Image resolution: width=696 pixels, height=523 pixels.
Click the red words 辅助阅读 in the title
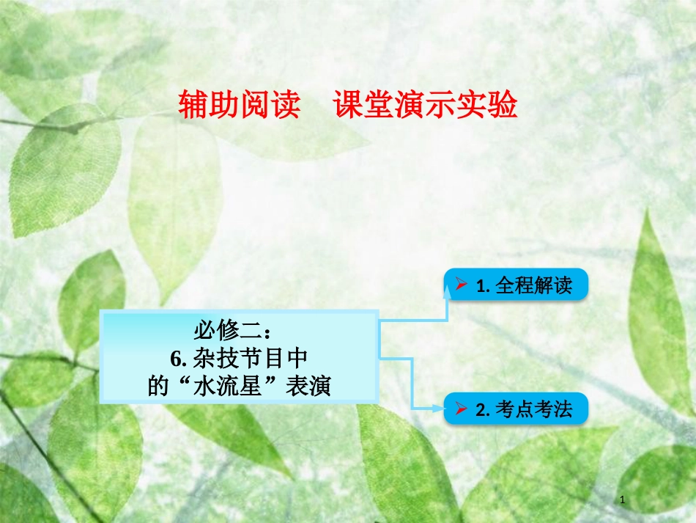[x=240, y=106]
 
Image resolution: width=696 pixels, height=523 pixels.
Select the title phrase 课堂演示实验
[x=426, y=106]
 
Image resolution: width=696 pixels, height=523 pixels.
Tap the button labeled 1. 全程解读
[x=516, y=285]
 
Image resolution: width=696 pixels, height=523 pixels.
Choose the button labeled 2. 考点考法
[x=516, y=409]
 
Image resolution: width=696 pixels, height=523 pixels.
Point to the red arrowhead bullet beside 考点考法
[x=461, y=409]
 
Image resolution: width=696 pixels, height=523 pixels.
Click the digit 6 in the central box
[x=175, y=359]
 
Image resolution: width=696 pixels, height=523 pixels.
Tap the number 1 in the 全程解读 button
[x=481, y=285]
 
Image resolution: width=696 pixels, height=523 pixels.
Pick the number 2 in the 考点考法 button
[x=481, y=409]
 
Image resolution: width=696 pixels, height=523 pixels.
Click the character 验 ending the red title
[x=506, y=106]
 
